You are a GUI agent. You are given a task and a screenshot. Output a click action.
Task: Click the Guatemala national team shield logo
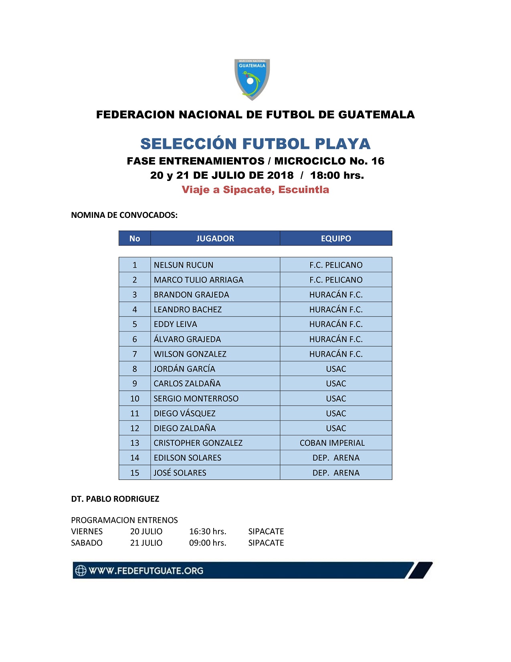(x=252, y=79)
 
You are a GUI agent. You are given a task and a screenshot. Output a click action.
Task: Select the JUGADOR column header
(x=215, y=238)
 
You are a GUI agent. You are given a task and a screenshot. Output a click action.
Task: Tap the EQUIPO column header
(x=336, y=238)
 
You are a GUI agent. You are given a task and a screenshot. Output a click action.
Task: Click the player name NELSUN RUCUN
(x=184, y=265)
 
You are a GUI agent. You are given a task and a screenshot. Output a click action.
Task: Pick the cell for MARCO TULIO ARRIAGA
(x=198, y=280)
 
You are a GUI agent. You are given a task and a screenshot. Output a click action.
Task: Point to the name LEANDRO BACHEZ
(x=188, y=309)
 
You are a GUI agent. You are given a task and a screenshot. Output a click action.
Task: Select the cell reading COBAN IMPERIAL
(x=332, y=443)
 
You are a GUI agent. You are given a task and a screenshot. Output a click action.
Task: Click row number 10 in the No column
(x=135, y=398)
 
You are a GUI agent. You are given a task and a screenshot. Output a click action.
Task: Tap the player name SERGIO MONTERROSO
(x=196, y=398)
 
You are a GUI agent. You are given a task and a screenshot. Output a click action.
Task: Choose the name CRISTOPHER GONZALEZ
(x=198, y=443)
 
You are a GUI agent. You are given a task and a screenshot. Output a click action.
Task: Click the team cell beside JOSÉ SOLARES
(x=336, y=473)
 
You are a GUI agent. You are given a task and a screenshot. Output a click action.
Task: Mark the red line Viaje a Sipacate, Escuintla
(x=255, y=190)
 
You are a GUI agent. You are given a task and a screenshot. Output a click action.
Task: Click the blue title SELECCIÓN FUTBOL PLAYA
(x=255, y=144)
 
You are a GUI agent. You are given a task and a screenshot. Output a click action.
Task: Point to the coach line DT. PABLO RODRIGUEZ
(x=115, y=499)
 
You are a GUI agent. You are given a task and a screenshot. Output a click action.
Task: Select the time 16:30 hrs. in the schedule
(x=208, y=531)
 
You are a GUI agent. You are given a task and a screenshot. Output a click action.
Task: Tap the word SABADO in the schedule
(x=87, y=543)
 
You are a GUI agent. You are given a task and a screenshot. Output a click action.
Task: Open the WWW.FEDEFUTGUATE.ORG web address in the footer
(x=146, y=571)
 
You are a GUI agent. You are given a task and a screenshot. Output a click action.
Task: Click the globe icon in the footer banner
(x=81, y=571)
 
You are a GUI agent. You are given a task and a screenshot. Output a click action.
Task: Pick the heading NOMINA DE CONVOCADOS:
(x=124, y=215)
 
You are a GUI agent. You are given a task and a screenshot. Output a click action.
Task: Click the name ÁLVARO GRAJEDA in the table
(x=187, y=339)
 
